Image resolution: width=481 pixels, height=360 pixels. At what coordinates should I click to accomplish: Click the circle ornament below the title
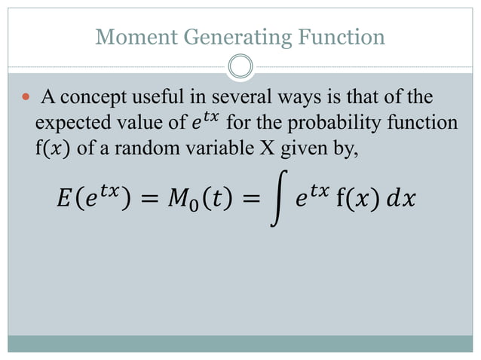tap(240, 66)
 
